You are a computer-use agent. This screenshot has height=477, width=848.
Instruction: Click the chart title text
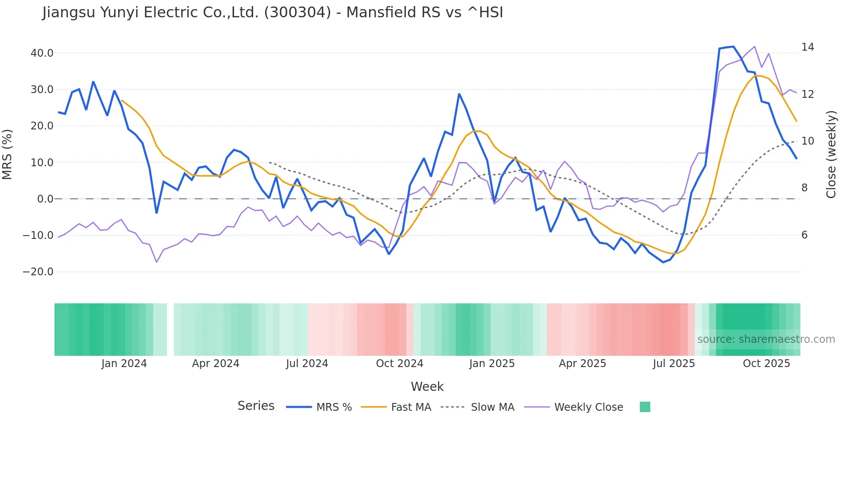coord(273,13)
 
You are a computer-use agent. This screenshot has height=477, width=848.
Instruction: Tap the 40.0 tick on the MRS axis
coord(42,53)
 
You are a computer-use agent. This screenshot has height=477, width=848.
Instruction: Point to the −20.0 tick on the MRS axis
coord(39,272)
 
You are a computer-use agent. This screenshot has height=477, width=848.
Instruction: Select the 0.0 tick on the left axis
coord(45,199)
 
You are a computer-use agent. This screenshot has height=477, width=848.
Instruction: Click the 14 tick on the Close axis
coord(807,47)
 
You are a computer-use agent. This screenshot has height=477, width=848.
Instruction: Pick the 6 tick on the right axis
coord(804,235)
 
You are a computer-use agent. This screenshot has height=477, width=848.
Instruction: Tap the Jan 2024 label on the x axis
coord(124,364)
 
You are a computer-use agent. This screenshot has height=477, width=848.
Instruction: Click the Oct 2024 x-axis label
coord(399,364)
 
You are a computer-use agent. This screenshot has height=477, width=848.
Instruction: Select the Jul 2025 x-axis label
coord(674,364)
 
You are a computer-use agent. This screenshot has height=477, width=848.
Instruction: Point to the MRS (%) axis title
coord(7,155)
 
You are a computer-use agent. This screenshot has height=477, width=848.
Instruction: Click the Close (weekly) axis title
coord(831,155)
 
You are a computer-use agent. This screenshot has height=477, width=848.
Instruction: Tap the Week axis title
coord(427,387)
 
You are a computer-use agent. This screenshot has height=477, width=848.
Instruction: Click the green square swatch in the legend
coord(645,407)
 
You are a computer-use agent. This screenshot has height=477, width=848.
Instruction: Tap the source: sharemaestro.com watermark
coord(766,339)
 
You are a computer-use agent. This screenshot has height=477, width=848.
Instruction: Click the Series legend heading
coord(256,406)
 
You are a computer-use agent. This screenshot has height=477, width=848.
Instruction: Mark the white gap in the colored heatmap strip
coord(170,329)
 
